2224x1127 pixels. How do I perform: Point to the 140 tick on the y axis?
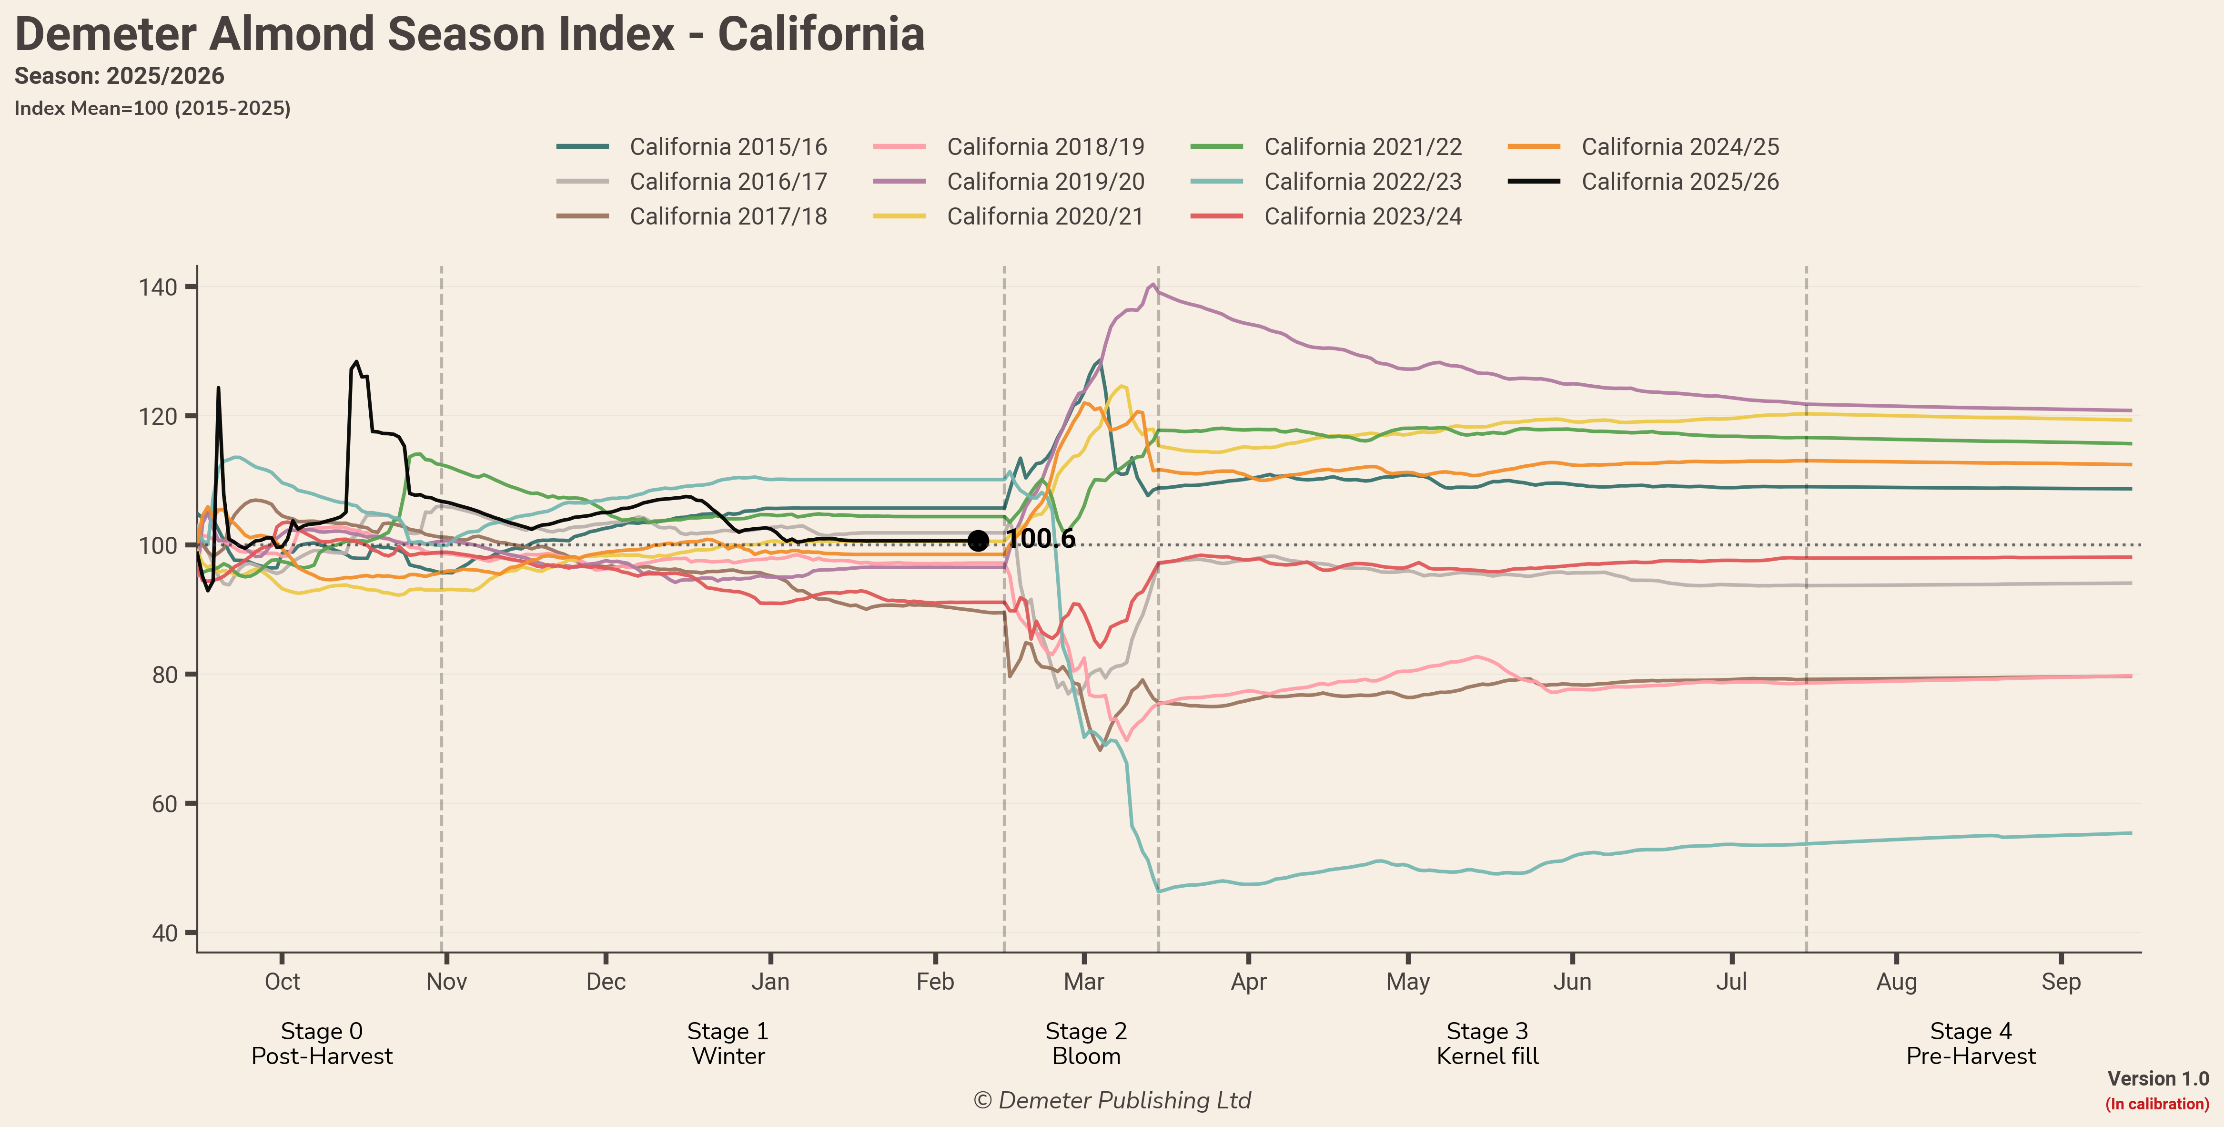coord(158,287)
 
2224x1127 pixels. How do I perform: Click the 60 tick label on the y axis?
coord(164,804)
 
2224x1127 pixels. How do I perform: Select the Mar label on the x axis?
coord(1083,982)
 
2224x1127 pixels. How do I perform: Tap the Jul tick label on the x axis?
coord(1731,982)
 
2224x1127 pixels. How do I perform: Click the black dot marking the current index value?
coord(977,541)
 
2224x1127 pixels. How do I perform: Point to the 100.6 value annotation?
coord(1041,539)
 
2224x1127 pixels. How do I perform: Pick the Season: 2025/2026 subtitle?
coord(119,76)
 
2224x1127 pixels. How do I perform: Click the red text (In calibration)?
coord(2157,1104)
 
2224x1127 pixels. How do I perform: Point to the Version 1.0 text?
coord(2157,1079)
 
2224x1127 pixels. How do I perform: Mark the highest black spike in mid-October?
coord(356,362)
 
